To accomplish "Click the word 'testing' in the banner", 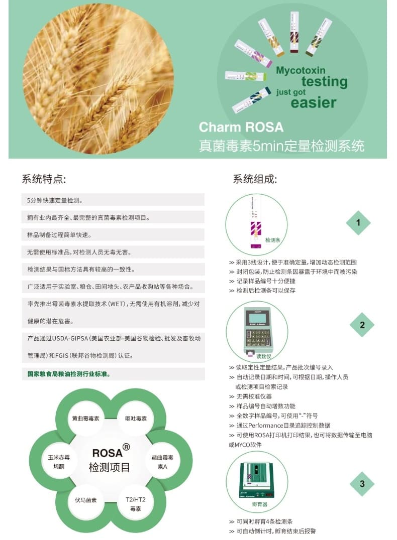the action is [324, 82].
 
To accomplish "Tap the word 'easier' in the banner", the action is [313, 102].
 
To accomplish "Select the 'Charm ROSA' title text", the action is [241, 127].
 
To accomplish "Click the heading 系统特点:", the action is [44, 179].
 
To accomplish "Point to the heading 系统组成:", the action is [255, 179].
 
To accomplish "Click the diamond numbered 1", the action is [358, 223].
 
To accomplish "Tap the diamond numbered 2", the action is [362, 325].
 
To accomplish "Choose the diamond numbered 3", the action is [362, 484].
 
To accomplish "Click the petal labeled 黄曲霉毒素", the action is [85, 419].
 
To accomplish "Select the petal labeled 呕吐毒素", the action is [136, 419].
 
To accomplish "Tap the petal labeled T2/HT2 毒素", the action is [136, 504].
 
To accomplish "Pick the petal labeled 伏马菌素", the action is [86, 500].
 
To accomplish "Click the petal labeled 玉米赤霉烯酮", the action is [59, 462].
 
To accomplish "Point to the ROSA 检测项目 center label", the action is [110, 460].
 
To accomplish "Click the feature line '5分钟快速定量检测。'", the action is [54, 200].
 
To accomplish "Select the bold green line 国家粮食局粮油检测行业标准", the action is [69, 374].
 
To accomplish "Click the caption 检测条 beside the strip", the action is [272, 240].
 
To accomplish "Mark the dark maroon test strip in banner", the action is [294, 32].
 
